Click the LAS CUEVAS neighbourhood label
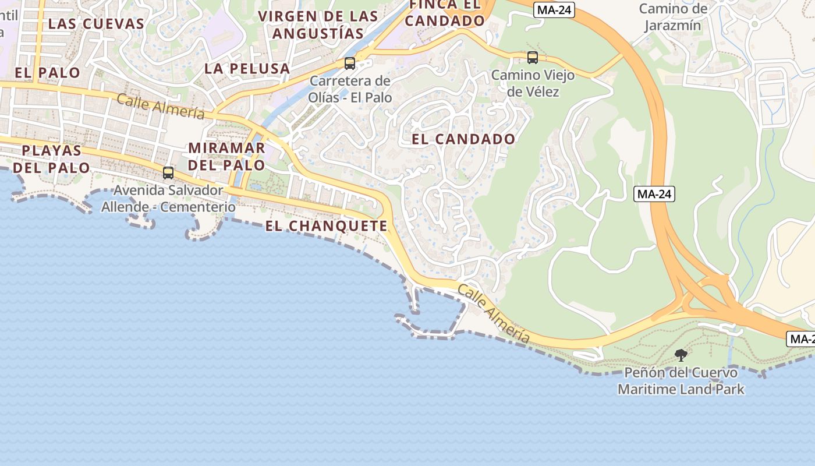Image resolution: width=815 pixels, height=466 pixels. [96, 24]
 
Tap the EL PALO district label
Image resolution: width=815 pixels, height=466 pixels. [48, 73]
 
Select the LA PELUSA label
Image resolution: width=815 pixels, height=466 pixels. [247, 69]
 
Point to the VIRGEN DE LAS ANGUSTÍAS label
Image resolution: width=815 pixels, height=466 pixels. [318, 24]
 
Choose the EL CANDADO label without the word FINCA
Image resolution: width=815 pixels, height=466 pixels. [463, 139]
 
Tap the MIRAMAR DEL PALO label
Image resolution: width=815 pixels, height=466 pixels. [226, 156]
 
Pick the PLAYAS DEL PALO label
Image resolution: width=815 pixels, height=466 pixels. [52, 159]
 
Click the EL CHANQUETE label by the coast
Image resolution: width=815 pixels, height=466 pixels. [326, 226]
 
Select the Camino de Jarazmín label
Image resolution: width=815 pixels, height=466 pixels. [673, 17]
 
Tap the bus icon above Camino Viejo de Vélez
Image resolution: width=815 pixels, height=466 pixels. [532, 58]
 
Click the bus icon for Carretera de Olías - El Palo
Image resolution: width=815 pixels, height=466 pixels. [350, 63]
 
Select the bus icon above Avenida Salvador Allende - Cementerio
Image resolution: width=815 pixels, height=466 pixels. [168, 173]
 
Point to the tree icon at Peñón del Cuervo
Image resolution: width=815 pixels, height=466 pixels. [681, 355]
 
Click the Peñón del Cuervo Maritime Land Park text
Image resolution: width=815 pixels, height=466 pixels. [681, 380]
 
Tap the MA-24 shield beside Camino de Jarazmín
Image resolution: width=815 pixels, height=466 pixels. [554, 10]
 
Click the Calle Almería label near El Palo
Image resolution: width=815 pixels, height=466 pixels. [161, 106]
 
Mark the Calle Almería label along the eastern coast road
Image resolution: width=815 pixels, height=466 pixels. [494, 314]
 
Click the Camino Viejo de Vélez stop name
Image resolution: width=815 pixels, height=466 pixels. [533, 83]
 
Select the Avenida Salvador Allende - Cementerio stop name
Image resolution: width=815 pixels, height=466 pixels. [168, 199]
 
